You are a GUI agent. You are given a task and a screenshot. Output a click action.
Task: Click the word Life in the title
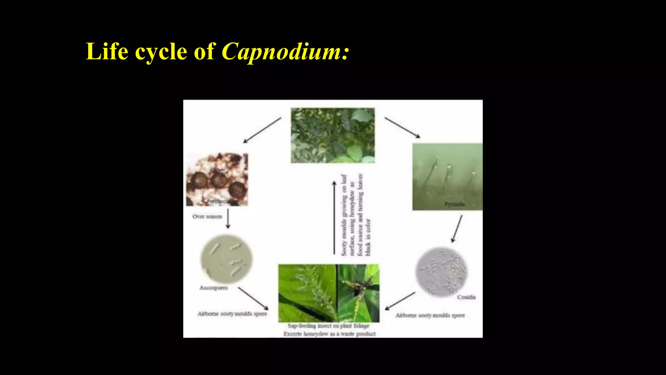click(x=107, y=51)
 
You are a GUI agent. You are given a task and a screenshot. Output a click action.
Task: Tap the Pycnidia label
click(x=455, y=204)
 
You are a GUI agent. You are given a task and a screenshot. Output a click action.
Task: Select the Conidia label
click(x=466, y=297)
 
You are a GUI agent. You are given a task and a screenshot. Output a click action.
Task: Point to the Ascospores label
click(x=213, y=288)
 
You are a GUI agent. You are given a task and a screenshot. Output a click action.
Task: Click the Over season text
click(x=207, y=216)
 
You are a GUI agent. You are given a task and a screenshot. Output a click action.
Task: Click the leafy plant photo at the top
click(x=332, y=135)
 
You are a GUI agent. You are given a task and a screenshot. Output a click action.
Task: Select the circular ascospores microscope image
click(x=226, y=259)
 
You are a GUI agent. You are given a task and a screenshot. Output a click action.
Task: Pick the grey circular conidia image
click(x=441, y=272)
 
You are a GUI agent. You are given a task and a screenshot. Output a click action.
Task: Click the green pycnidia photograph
click(x=447, y=176)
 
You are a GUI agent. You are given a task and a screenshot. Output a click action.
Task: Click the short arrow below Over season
click(x=228, y=219)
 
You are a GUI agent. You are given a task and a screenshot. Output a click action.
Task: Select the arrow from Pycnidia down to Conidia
click(x=457, y=229)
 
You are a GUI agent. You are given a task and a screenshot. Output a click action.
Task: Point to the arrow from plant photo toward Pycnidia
click(x=402, y=128)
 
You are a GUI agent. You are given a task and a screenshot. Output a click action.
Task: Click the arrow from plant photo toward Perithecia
click(x=262, y=130)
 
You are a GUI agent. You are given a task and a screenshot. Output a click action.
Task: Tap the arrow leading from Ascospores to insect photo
click(x=253, y=298)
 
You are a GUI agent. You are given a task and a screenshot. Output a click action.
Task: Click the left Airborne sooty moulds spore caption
click(x=232, y=314)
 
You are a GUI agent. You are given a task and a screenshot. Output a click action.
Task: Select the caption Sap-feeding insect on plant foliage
click(x=328, y=326)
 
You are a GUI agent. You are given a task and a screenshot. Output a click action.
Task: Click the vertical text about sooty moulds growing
click(x=355, y=215)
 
